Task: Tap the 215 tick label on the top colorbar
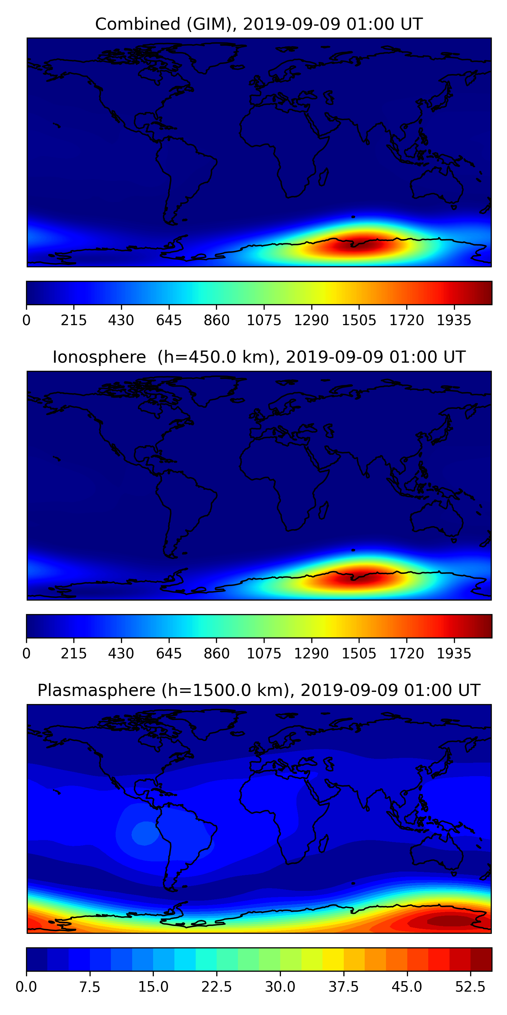(x=74, y=320)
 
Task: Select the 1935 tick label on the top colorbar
(x=454, y=320)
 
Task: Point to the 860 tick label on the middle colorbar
(x=217, y=653)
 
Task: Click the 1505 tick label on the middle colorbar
(x=359, y=653)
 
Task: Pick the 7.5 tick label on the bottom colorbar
(x=90, y=987)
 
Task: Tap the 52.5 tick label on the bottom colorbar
(x=470, y=987)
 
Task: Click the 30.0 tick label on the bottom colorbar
(x=280, y=987)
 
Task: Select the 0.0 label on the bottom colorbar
(x=26, y=987)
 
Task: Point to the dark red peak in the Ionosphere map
(x=359, y=578)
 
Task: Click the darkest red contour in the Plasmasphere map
(x=451, y=921)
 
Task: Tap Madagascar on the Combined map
(x=323, y=178)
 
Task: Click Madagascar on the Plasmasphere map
(x=323, y=844)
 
